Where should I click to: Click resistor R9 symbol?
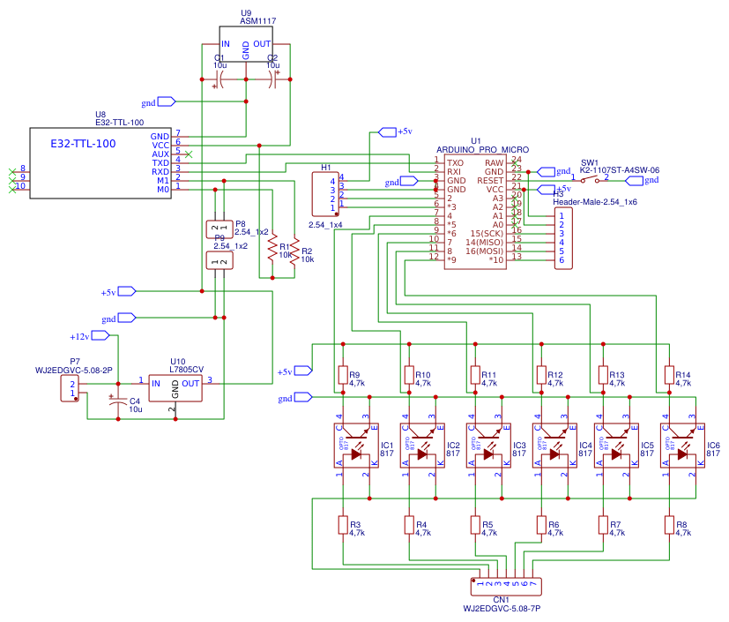343,377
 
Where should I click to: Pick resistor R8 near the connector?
669,525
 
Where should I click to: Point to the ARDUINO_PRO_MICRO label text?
481,151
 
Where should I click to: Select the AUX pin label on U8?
160,154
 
